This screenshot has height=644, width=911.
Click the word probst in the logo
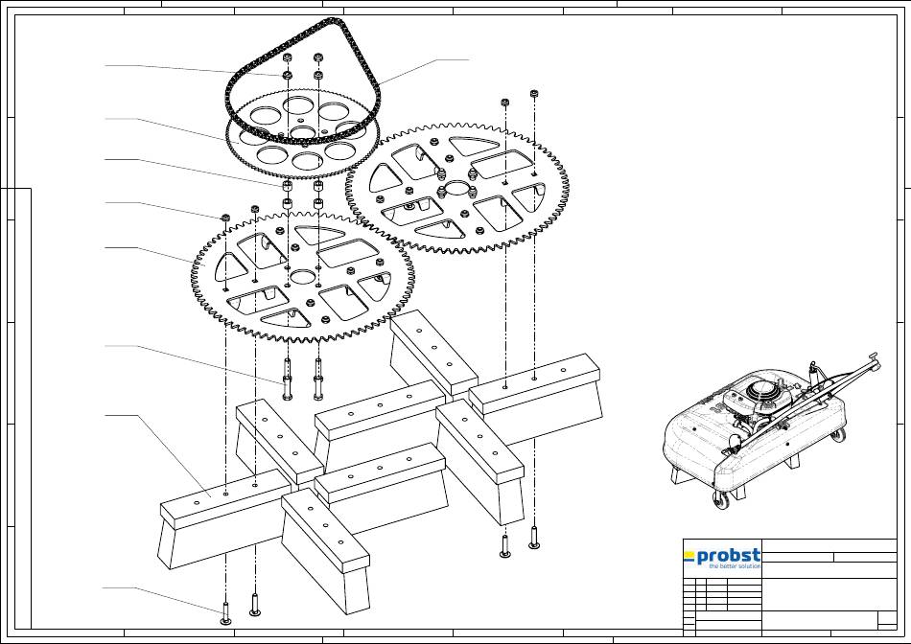click(728, 556)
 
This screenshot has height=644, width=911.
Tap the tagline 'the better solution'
click(735, 566)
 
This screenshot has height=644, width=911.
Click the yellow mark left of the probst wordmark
click(689, 557)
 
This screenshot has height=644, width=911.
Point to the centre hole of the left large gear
click(302, 276)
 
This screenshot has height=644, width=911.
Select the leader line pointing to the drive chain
click(423, 70)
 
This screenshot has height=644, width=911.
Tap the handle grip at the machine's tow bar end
click(872, 357)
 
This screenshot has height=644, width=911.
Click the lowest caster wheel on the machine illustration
click(721, 500)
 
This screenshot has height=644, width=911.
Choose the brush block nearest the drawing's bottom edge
click(326, 550)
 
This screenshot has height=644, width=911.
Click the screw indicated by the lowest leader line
click(226, 612)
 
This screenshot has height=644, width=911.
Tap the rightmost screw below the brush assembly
click(534, 537)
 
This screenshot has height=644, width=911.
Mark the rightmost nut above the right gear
click(534, 93)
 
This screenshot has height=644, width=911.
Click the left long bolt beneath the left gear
click(287, 379)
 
